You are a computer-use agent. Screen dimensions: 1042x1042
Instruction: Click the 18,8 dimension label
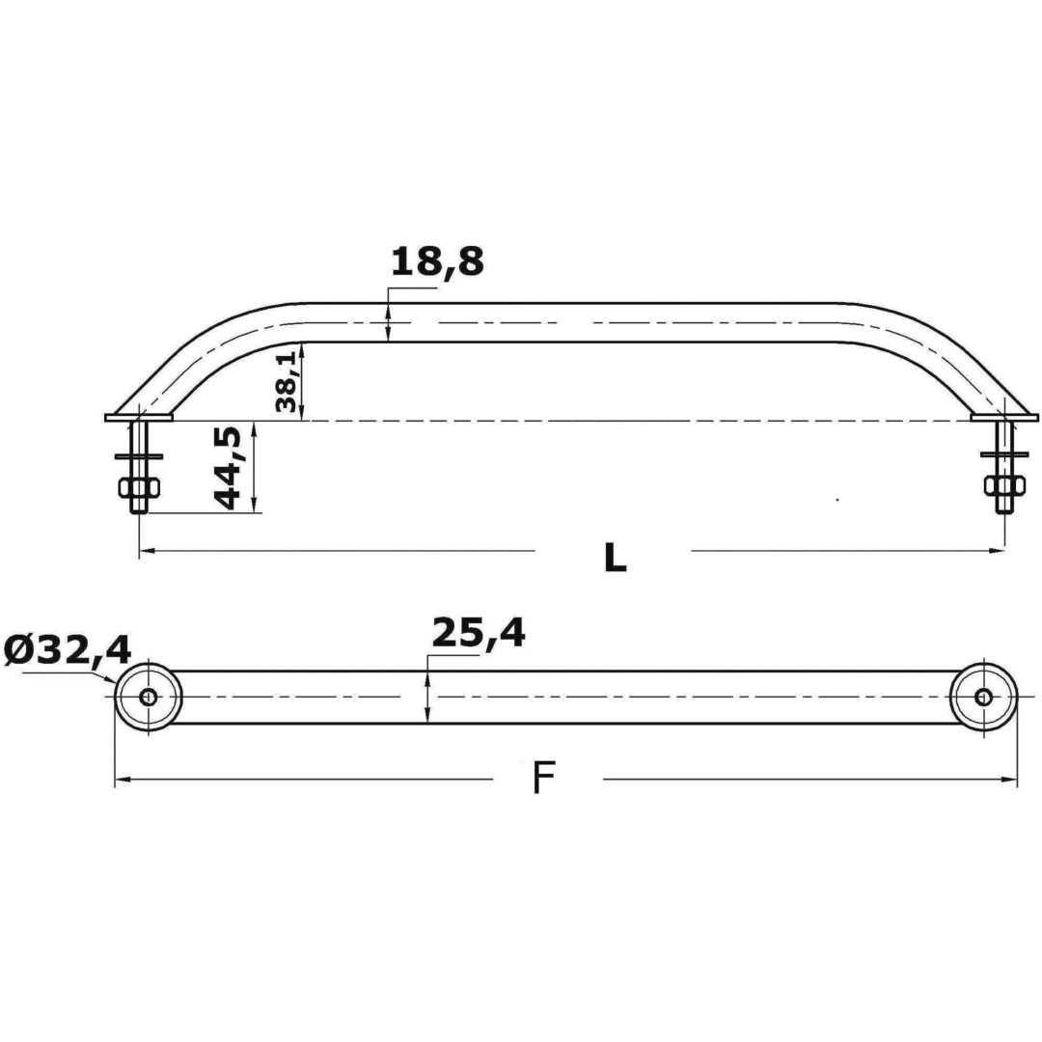tap(437, 261)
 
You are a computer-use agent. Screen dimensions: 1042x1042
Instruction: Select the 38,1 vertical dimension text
tap(288, 382)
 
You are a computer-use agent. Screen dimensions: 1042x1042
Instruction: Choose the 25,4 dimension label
tap(479, 633)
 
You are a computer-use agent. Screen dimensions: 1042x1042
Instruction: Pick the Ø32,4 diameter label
tap(68, 649)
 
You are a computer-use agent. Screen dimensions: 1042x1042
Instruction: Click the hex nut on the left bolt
tap(139, 488)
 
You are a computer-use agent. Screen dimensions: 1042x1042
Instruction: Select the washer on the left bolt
tap(139, 456)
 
